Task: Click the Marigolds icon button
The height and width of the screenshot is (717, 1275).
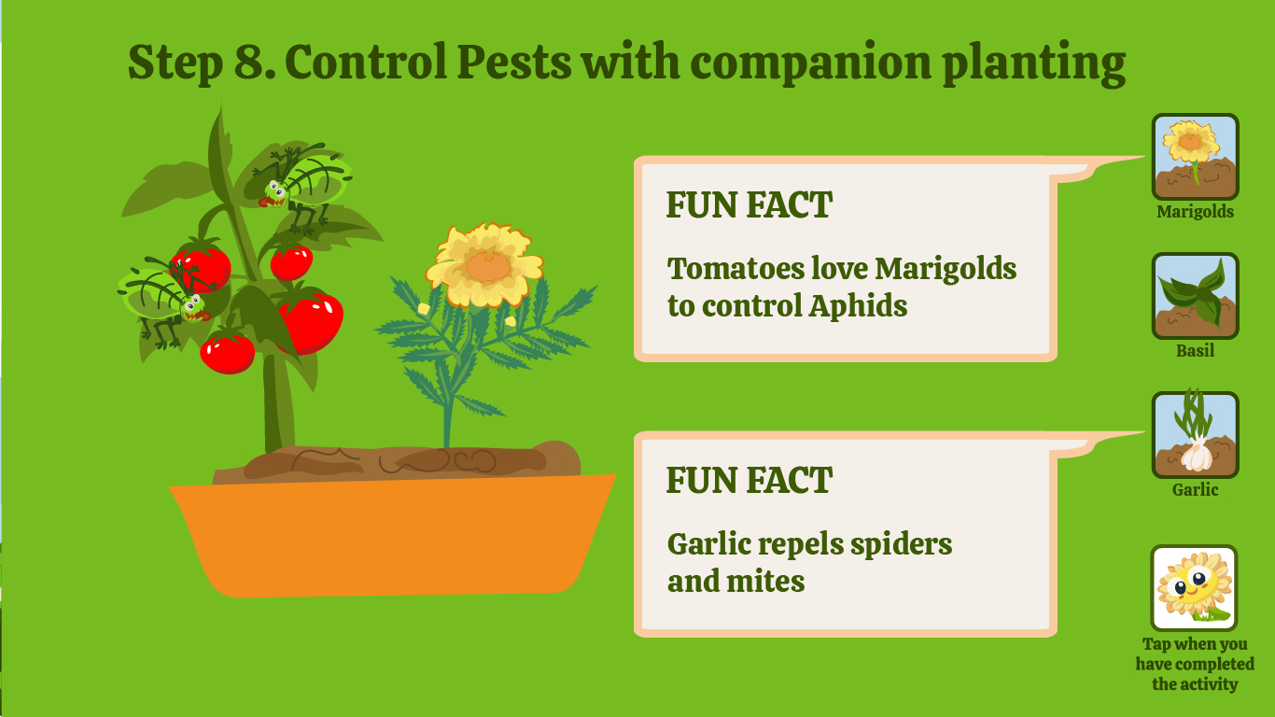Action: point(1195,157)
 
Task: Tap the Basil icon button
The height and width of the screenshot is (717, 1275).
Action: point(1195,296)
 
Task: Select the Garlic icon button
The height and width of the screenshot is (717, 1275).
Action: point(1195,434)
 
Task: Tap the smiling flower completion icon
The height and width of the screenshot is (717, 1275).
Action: point(1194,588)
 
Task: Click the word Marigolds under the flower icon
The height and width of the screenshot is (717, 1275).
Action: point(1195,212)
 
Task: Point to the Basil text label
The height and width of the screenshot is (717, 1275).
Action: point(1195,350)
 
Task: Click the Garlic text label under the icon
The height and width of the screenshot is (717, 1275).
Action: point(1195,489)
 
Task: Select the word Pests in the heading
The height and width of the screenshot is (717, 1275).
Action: point(513,62)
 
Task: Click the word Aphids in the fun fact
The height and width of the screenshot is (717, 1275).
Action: point(858,306)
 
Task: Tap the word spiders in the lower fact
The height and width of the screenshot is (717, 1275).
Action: point(901,544)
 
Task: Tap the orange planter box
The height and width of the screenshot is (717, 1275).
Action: point(393,535)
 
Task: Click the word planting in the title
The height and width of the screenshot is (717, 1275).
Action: point(1033,63)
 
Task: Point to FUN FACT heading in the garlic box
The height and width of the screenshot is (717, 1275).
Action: point(750,480)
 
